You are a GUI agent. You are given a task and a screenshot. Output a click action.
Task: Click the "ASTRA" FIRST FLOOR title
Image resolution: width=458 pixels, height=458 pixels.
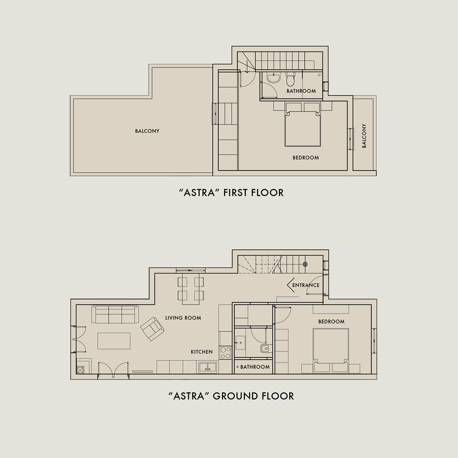231,193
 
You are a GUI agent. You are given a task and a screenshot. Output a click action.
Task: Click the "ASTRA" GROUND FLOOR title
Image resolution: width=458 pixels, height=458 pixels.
231,396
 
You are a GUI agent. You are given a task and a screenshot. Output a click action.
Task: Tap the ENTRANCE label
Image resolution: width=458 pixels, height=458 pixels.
306,285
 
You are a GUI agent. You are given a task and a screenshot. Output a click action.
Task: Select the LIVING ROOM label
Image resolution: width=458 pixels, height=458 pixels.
183,318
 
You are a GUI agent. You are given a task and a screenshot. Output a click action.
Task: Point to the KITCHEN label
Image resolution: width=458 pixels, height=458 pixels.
202,352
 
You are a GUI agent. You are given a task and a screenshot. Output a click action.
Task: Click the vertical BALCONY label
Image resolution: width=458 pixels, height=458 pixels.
364,136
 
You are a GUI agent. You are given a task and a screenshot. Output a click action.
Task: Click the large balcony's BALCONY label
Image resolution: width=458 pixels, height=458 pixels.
147,131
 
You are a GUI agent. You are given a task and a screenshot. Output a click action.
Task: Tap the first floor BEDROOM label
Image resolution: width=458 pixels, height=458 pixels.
306,157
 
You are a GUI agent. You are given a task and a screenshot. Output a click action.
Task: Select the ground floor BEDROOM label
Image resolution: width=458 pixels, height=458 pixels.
331,321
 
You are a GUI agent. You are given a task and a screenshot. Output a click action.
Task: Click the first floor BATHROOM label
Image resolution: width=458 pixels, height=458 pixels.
301,91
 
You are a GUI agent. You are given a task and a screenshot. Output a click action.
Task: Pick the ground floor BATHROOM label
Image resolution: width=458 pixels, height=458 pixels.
255,367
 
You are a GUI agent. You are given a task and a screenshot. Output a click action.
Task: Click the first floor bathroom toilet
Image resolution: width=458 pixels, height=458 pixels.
290,79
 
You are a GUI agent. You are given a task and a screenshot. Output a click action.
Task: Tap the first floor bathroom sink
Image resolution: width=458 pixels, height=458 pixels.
274,78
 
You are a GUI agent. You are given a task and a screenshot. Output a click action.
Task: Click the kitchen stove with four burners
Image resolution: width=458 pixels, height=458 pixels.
225,353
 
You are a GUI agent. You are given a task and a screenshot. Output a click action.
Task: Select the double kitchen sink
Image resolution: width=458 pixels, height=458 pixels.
208,368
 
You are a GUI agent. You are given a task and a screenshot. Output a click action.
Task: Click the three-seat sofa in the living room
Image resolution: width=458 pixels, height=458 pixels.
115,314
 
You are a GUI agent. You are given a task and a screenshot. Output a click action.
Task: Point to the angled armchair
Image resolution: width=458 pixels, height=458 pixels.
152,329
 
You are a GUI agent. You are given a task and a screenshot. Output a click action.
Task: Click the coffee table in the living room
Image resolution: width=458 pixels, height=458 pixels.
114,341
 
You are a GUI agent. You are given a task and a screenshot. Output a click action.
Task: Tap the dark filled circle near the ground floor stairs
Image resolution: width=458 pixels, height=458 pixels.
305,264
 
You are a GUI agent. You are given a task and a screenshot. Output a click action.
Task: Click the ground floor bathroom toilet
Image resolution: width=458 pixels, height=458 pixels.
265,349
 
